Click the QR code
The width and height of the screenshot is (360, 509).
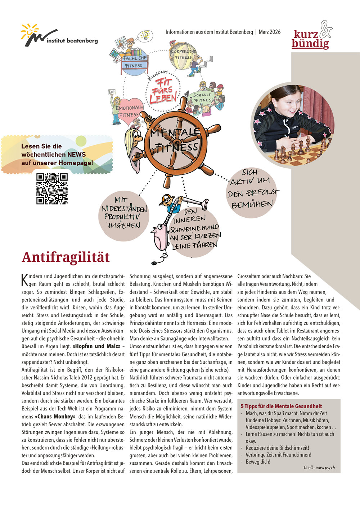point(52,188)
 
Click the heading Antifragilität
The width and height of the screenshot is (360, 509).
point(66,257)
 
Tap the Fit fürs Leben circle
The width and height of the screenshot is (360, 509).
point(163,90)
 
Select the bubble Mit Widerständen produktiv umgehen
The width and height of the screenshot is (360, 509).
point(123,216)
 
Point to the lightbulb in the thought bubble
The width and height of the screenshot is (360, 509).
point(145,35)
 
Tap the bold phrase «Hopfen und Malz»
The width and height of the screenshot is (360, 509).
point(96,346)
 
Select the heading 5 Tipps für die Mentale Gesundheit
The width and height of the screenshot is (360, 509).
point(281,406)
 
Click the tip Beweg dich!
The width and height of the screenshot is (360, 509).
point(258,462)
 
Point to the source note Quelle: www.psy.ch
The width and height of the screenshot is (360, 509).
point(319,468)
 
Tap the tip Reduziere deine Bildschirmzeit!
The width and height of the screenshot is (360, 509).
point(277,448)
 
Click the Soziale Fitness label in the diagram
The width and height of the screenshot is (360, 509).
point(203,97)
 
